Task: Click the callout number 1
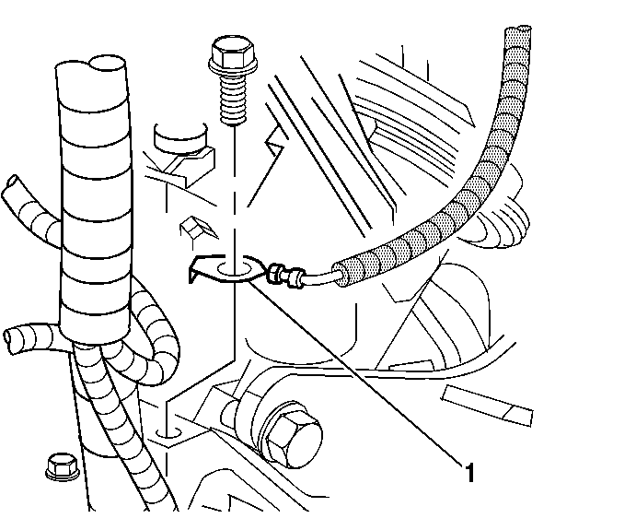(469, 475)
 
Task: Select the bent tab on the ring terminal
(196, 274)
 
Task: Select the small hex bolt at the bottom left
(57, 467)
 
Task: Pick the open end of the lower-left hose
(12, 337)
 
